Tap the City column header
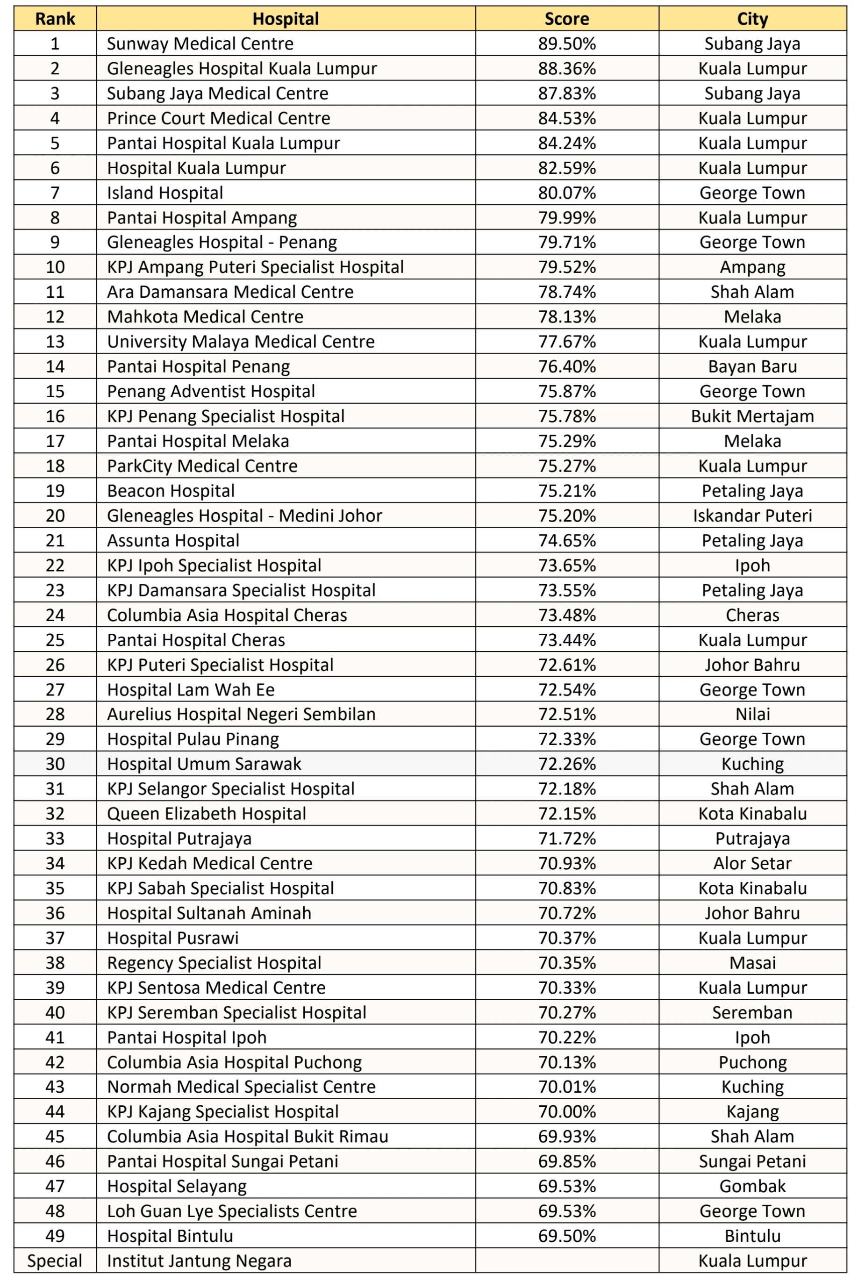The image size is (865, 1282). coord(752,19)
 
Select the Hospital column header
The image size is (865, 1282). coord(285,19)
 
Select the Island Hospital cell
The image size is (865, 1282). coord(165,193)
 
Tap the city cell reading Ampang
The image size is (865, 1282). coord(752,267)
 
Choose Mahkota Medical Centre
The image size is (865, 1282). coord(205,316)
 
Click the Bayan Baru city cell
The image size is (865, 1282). coord(752,366)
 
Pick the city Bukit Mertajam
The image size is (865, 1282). coord(752,416)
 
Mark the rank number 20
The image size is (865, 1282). coord(55,515)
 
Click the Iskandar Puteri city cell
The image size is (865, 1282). coord(752,515)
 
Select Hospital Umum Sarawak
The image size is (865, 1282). coord(204,764)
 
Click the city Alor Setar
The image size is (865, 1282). coord(752,863)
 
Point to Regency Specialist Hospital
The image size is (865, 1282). coord(214,963)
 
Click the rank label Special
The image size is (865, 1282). coord(55,1261)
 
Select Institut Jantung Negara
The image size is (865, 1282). coord(199,1261)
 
